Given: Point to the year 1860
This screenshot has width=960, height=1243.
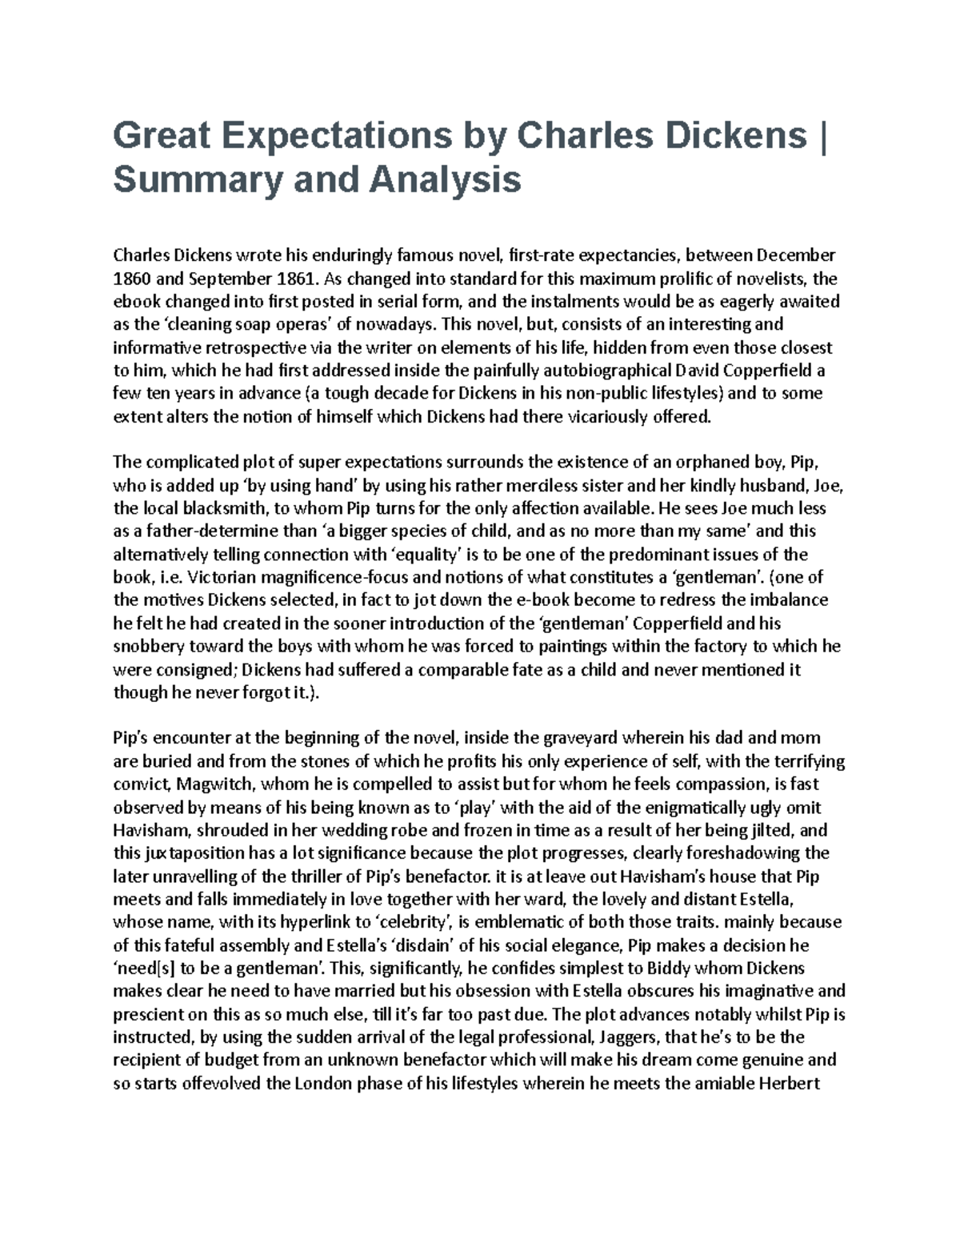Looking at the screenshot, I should [130, 279].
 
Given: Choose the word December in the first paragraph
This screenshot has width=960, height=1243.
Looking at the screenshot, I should [796, 255].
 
